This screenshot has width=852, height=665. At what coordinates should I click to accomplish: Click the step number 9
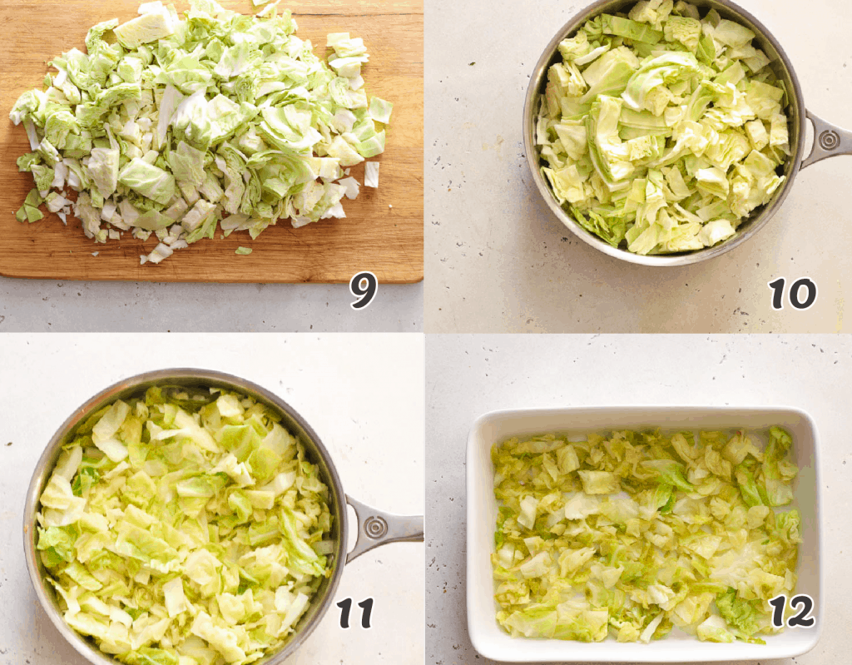point(363,290)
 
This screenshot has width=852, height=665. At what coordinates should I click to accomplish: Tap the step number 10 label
point(792,293)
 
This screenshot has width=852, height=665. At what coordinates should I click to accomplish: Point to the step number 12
point(792,612)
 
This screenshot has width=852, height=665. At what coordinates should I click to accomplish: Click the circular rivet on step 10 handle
point(830,140)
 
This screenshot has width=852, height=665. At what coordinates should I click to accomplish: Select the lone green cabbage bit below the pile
point(242,250)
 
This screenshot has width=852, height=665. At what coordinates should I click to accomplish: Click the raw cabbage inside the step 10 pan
point(666,133)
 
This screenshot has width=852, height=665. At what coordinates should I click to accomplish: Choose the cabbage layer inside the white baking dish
point(645,533)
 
